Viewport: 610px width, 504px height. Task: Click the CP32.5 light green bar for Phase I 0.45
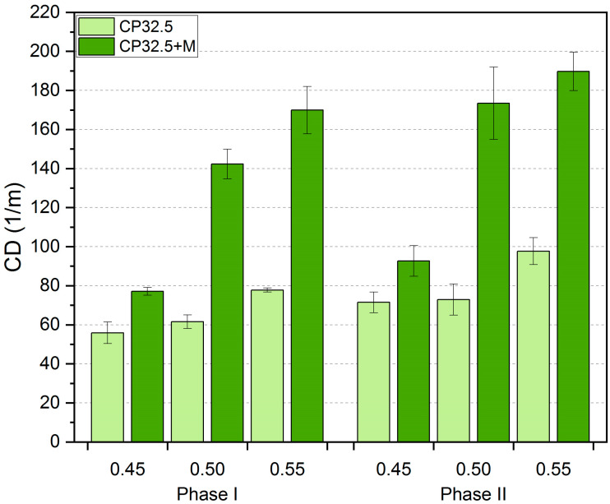click(107, 386)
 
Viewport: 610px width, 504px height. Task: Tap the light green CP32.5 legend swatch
click(99, 25)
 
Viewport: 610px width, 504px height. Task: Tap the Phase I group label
click(207, 493)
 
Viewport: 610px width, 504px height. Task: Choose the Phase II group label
click(474, 493)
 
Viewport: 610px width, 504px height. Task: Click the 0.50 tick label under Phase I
click(207, 469)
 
